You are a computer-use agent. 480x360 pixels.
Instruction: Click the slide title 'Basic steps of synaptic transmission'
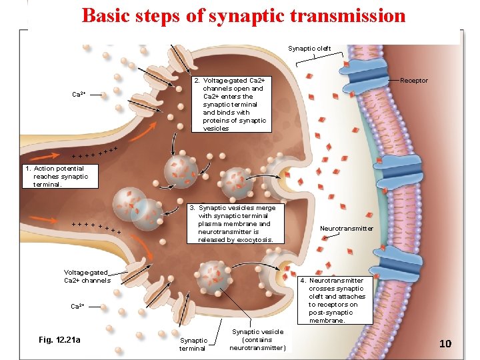[243, 15]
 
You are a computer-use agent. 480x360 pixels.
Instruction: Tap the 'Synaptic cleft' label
[309, 48]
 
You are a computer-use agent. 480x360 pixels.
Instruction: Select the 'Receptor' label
[413, 81]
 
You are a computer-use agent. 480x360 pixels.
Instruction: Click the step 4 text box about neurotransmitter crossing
[337, 300]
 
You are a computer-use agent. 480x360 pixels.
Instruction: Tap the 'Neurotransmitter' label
[347, 228]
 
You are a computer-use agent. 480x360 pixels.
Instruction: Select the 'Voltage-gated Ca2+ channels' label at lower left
[87, 276]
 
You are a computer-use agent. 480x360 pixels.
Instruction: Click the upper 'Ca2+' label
[79, 95]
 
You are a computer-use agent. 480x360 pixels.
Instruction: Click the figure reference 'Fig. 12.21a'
[60, 340]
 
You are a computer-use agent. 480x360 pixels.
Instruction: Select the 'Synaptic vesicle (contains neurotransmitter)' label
[257, 339]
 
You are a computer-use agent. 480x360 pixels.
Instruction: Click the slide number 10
[445, 343]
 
